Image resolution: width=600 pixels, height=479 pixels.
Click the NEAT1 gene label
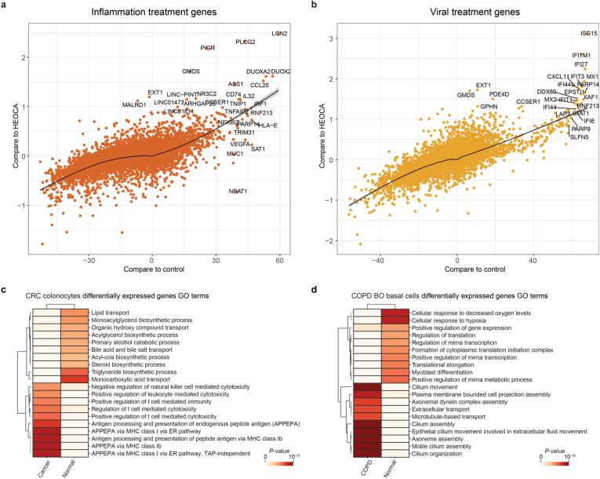click(x=238, y=191)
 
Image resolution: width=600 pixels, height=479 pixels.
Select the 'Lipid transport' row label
click(x=115, y=312)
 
